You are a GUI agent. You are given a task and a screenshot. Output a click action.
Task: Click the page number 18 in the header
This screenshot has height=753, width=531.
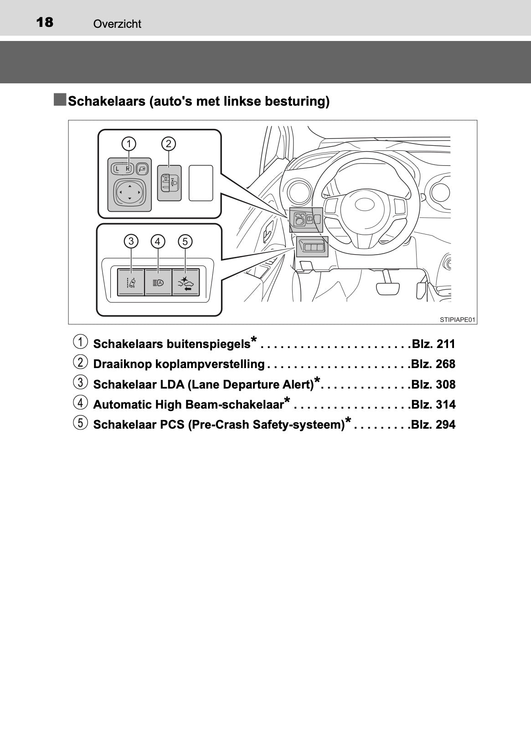tap(45, 22)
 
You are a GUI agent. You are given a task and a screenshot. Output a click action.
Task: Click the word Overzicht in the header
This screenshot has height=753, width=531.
tap(117, 24)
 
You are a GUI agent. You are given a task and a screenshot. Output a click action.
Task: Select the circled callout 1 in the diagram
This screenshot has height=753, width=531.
tap(129, 144)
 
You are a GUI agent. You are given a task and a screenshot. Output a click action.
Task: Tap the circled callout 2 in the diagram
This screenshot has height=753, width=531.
tap(169, 144)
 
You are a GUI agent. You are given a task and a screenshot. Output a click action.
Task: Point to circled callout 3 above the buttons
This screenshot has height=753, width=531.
tap(131, 241)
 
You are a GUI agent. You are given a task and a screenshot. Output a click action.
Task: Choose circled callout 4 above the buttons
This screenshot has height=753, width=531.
tap(158, 241)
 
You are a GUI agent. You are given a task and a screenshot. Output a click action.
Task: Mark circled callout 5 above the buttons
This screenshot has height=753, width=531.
tap(186, 241)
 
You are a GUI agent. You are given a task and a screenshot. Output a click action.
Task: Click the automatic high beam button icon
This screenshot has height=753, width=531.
tap(158, 283)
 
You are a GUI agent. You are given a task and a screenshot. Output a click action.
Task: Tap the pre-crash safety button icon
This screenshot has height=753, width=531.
tap(186, 283)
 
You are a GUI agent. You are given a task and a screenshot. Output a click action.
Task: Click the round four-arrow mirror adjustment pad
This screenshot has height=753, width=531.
tap(129, 192)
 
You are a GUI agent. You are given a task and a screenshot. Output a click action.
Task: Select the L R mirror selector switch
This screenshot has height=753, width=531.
tap(123, 169)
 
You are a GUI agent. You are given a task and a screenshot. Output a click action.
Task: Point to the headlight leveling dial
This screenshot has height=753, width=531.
tap(170, 183)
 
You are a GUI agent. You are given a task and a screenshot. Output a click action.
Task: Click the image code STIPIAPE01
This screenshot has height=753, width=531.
tap(457, 320)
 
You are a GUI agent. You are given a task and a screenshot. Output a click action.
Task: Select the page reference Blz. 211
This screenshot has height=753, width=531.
tap(433, 344)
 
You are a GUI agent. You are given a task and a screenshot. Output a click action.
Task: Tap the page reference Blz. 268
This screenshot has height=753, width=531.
tap(433, 364)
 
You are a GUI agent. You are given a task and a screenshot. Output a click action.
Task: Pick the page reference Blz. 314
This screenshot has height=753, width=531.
tap(433, 405)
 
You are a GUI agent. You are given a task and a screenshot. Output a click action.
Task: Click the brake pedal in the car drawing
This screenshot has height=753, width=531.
tap(388, 288)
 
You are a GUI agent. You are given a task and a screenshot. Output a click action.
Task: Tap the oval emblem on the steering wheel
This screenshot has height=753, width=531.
tap(365, 204)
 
